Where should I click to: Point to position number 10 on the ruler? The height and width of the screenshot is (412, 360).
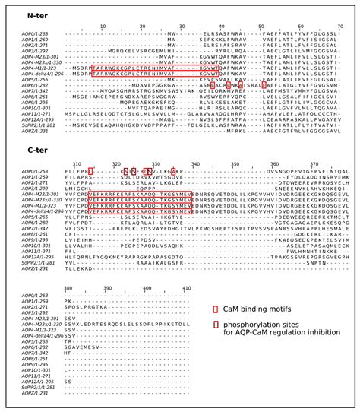pos(103,26)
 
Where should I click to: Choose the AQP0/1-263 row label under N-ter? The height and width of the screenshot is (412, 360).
pos(37,35)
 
